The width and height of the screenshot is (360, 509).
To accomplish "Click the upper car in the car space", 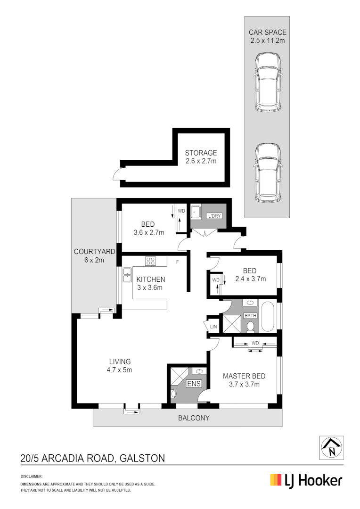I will (x=268, y=82).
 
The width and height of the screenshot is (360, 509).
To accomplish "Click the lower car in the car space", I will (x=268, y=172).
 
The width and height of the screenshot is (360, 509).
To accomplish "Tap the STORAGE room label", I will (x=201, y=153).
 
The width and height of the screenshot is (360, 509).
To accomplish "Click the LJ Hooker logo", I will (x=306, y=481).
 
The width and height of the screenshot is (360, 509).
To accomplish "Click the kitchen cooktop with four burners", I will (x=151, y=260).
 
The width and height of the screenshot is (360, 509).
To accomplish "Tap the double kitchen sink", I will (x=127, y=275).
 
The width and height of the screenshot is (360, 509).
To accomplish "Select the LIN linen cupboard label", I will (x=213, y=326).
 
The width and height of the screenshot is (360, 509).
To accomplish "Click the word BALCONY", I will (x=193, y=418).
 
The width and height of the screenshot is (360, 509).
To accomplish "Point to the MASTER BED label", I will (x=244, y=376).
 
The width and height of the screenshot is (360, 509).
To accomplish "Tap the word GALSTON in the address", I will (x=142, y=458).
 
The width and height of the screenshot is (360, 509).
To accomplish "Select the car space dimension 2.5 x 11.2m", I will (x=267, y=41).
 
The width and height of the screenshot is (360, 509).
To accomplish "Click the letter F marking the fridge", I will (x=177, y=261).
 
